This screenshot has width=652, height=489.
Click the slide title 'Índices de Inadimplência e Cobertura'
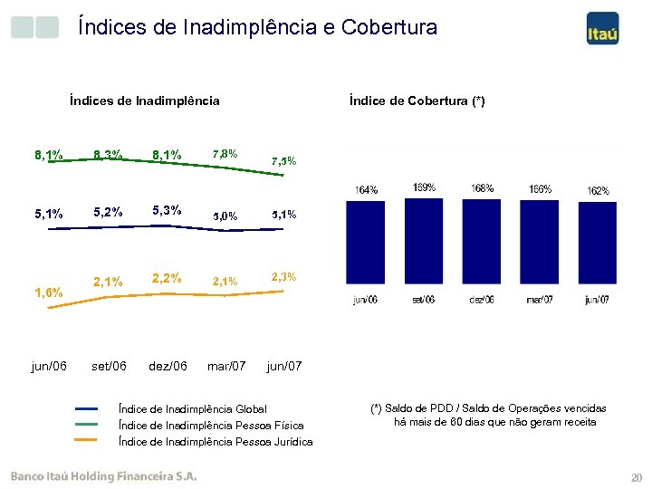click(257, 28)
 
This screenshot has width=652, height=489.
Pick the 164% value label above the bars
click(367, 190)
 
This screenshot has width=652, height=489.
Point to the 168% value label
click(483, 188)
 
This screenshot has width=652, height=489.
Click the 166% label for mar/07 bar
click(541, 189)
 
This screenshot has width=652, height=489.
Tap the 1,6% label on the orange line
click(48, 292)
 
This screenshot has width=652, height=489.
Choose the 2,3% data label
click(283, 275)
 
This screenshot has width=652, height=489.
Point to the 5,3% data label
click(167, 210)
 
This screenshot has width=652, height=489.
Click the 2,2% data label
click(167, 278)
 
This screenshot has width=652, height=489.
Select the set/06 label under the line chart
click(109, 366)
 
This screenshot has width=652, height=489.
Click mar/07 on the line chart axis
click(225, 366)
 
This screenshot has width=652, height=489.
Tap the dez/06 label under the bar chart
click(483, 300)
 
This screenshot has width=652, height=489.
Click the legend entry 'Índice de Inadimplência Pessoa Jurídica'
click(216, 442)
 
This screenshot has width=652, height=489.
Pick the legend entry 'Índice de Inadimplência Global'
click(195, 409)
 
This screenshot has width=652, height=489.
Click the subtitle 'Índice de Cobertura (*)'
click(417, 101)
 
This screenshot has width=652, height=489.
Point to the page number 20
click(634, 477)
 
